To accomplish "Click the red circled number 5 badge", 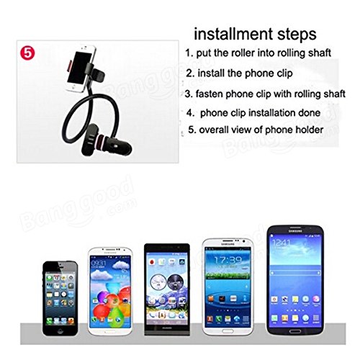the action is [x=27, y=53].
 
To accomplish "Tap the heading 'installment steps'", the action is [x=255, y=35].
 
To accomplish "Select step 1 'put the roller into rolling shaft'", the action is [x=258, y=53].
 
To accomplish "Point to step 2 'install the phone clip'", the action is [x=239, y=73].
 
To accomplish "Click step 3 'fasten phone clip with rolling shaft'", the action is [x=265, y=94].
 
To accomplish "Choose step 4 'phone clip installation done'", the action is [x=253, y=113].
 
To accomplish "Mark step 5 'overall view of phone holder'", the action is [x=256, y=130].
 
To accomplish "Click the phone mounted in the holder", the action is [x=81, y=68].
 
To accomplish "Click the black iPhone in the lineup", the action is [x=60, y=298].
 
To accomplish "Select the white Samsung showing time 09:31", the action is [x=110, y=291].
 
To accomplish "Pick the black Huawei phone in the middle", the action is [x=167, y=289].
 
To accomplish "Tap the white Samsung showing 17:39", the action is [x=228, y=287].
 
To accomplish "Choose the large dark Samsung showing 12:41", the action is [x=295, y=280].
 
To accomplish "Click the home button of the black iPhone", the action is [x=60, y=330].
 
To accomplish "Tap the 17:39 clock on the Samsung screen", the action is [x=228, y=260].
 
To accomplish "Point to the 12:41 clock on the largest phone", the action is [x=282, y=243].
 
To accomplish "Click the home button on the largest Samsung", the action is [x=295, y=331].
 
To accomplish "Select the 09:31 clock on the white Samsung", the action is [x=98, y=263].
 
